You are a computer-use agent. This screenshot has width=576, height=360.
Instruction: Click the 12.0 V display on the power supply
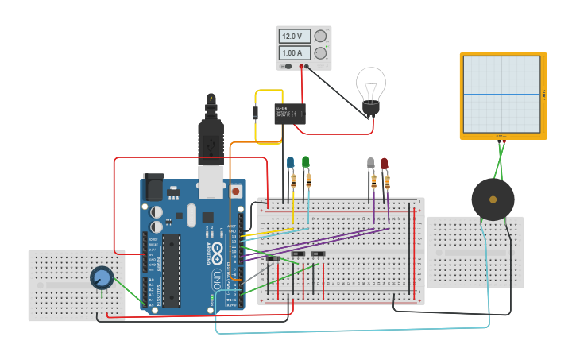[294, 37]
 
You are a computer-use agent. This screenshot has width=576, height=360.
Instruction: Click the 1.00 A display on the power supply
[294, 53]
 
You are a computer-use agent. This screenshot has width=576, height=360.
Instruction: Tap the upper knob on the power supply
[321, 37]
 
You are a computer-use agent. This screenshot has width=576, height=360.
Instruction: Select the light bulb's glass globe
[370, 83]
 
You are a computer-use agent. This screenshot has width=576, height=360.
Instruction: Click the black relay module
[290, 113]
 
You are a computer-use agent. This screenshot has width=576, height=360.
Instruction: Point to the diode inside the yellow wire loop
[256, 112]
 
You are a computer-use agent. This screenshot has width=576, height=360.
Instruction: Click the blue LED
[291, 162]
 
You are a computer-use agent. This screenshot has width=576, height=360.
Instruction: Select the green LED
[306, 162]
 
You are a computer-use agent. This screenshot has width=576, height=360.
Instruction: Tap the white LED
[371, 163]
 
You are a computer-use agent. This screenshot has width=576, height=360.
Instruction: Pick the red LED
[385, 163]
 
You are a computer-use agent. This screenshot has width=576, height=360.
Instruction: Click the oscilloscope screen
[502, 94]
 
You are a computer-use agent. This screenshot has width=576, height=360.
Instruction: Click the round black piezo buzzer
[493, 199]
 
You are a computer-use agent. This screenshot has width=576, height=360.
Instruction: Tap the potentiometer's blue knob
[101, 277]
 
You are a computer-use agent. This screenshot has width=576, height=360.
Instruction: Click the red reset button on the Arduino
[235, 191]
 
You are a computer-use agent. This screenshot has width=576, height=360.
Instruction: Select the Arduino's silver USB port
[211, 181]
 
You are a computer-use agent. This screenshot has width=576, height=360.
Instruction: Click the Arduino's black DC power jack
[153, 187]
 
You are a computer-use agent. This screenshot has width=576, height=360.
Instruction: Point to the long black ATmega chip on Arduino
[172, 270]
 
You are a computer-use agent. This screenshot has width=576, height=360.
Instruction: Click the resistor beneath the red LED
[388, 182]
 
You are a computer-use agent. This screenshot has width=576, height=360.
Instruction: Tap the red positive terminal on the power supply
[301, 67]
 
